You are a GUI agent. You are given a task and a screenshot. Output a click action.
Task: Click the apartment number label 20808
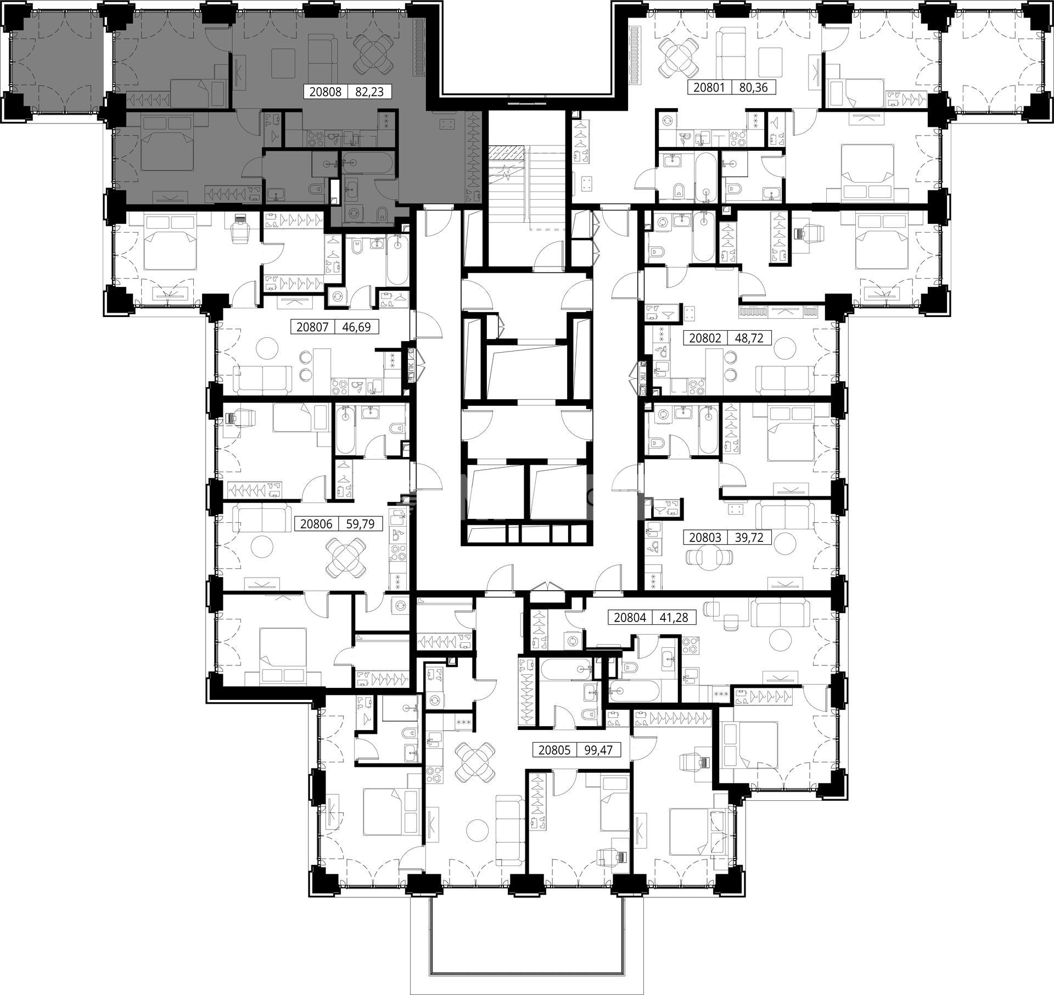326,92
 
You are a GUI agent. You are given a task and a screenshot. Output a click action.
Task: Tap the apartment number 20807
312,327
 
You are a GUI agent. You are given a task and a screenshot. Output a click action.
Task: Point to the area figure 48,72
749,338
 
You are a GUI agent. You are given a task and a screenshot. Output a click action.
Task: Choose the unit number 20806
317,524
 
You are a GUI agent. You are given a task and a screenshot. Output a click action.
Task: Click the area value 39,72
749,537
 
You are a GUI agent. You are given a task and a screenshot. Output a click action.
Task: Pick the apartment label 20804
630,618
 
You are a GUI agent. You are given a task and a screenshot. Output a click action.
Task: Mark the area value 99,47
599,750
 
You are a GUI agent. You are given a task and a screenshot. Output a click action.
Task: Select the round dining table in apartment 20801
678,58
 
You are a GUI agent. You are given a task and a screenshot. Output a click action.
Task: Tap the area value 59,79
360,524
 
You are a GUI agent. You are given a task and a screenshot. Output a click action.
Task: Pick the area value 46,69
356,327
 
